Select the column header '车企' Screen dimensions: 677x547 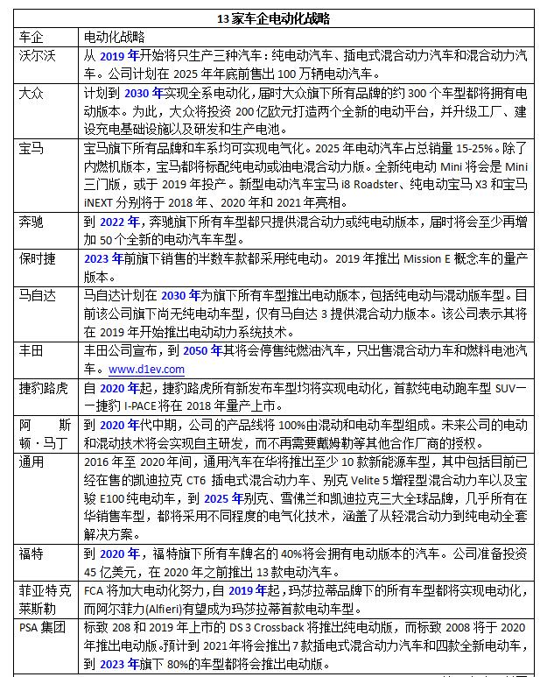click(32, 38)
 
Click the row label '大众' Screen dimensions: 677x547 click(32, 94)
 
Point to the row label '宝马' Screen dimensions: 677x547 click(32, 148)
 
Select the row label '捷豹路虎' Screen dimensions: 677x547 click(44, 388)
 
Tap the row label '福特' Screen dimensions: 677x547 click(32, 554)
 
